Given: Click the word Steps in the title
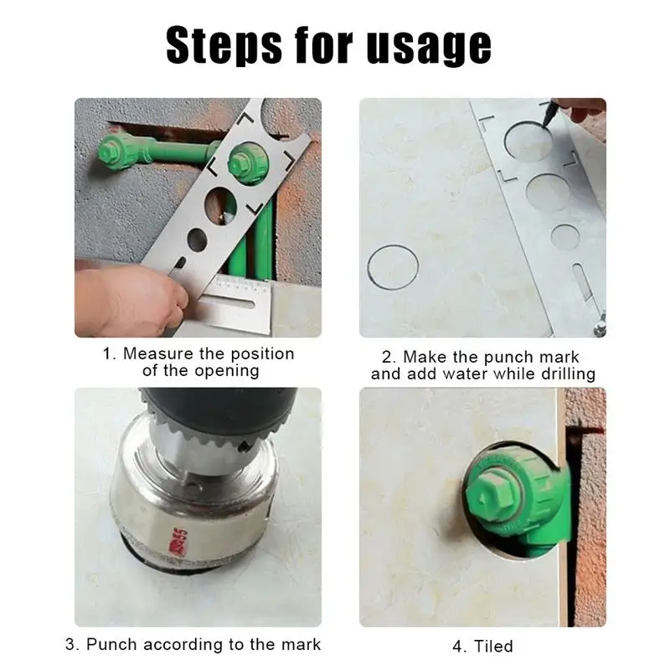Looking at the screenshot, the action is tap(224, 46).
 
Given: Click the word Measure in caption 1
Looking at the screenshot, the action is tap(158, 353).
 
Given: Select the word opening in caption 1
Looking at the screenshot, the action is tap(226, 371).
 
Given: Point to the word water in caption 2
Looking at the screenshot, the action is tap(465, 374).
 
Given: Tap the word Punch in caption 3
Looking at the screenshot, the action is tap(112, 644).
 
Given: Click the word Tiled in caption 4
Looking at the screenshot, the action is tap(493, 646).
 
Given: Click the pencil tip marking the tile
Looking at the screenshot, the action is tap(546, 123).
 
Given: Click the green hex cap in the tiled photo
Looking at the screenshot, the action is tap(491, 497).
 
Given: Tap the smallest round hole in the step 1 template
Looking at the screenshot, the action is tap(197, 240).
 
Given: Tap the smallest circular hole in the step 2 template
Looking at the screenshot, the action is tap(564, 237).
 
